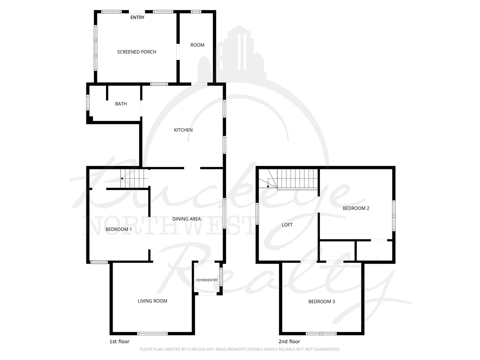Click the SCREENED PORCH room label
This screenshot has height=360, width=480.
pyautogui.click(x=137, y=52)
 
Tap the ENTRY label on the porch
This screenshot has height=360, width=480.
pyautogui.click(x=137, y=17)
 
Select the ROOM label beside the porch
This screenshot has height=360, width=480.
pyautogui.click(x=197, y=45)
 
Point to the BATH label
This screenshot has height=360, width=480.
pyautogui.click(x=121, y=104)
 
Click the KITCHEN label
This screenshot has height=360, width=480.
pyautogui.click(x=183, y=130)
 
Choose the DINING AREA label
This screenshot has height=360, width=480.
pyautogui.click(x=187, y=219)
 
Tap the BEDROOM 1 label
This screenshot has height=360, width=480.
pyautogui.click(x=119, y=229)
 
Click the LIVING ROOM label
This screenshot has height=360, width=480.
pyautogui.click(x=152, y=301)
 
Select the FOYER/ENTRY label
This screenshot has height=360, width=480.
pyautogui.click(x=207, y=280)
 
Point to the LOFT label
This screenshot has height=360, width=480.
pyautogui.click(x=287, y=225)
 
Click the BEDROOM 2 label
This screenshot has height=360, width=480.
pyautogui.click(x=356, y=208)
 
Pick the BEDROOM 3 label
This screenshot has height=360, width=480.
pyautogui.click(x=322, y=302)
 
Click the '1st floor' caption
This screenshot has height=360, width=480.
pyautogui.click(x=119, y=341)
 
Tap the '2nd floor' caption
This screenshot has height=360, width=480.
pyautogui.click(x=289, y=341)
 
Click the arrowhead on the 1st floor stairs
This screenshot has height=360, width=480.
pyautogui.click(x=122, y=179)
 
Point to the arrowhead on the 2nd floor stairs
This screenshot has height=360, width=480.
pyautogui.click(x=268, y=186)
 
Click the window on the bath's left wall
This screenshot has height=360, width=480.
pyautogui.click(x=88, y=102)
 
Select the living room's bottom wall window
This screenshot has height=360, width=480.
pyautogui.click(x=152, y=334)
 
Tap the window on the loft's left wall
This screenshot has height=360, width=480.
pyautogui.click(x=257, y=214)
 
